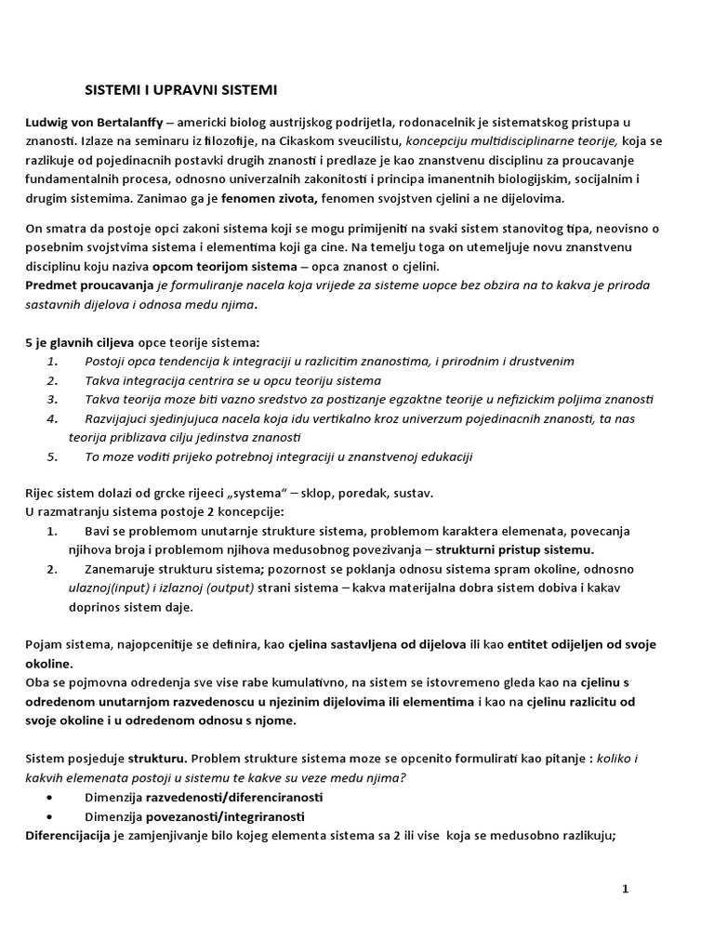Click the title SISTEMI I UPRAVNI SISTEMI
pos(180,90)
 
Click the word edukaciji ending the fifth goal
pos(444,456)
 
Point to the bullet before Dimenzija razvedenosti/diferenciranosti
pos(48,799)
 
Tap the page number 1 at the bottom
pos(626,890)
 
